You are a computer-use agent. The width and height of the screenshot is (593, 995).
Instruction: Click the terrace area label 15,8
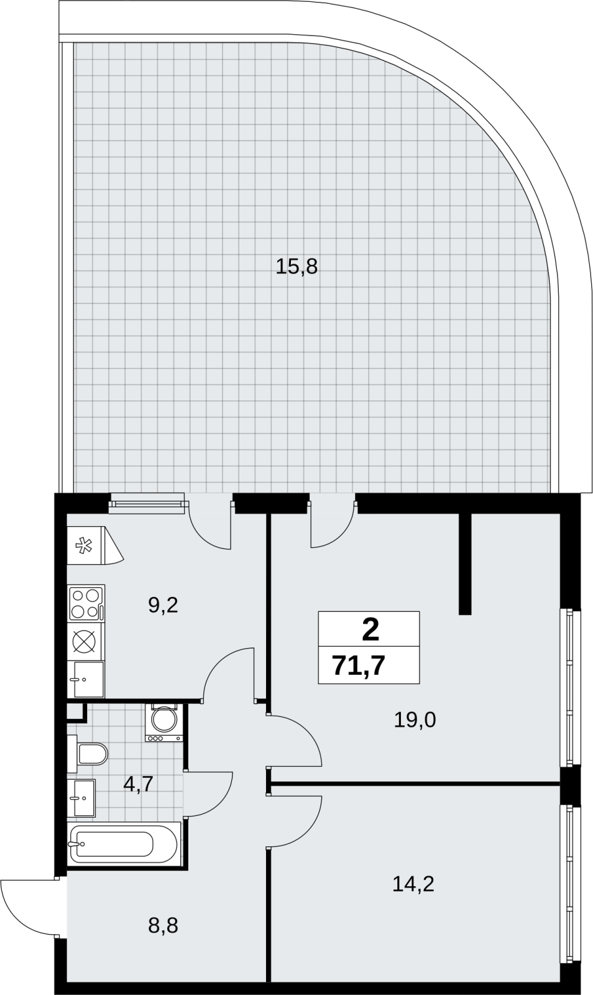(296, 267)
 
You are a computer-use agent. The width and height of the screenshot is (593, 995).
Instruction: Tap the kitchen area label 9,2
(163, 606)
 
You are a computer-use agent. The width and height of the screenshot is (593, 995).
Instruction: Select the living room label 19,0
(415, 720)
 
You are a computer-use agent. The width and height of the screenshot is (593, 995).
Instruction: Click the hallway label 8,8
(163, 925)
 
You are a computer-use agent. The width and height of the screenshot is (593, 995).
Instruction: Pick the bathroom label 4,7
(139, 784)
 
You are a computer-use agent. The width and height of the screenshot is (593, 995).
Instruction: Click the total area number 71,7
(359, 666)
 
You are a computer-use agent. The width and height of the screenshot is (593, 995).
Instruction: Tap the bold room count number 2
(370, 631)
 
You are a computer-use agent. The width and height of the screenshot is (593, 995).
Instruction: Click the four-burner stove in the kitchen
(86, 603)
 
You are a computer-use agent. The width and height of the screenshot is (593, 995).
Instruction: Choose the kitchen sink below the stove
(86, 679)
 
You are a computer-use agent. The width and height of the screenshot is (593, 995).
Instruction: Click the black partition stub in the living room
(465, 563)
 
